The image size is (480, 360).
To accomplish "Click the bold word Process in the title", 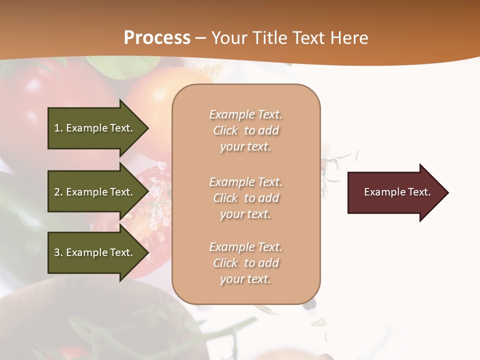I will point(157,37).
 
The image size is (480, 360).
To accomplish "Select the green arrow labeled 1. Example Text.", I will point(95,128).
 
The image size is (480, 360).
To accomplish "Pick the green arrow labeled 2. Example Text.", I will point(95,192).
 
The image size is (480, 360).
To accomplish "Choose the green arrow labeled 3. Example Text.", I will point(95,252).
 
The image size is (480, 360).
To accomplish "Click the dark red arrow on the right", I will point(395,192).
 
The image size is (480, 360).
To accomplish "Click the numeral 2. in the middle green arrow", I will point(58,192).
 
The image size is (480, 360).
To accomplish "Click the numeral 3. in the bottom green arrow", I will point(58,252).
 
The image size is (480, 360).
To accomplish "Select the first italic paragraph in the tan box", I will point(245,130).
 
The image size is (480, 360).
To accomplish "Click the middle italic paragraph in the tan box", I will point(245,198).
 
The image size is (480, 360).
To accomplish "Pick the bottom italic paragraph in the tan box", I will point(245,263).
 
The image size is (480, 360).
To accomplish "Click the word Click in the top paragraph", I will point(225,130).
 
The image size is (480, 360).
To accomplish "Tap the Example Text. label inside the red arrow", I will point(397,192).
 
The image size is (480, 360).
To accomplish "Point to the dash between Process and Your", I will point(201,38).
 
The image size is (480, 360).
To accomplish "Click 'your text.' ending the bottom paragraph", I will point(245,279).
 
